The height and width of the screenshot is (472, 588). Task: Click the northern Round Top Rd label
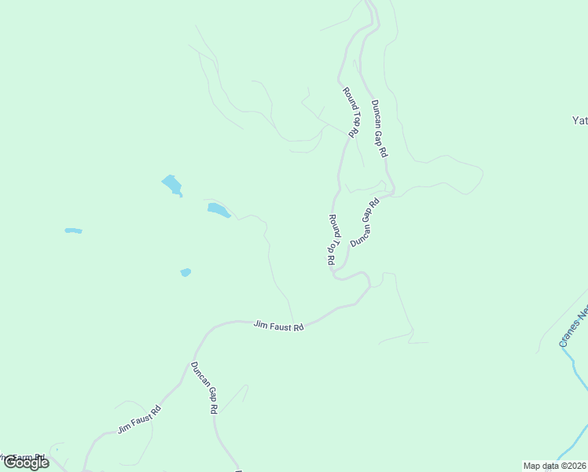coord(351,113)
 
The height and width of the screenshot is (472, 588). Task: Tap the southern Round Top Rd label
coord(333,239)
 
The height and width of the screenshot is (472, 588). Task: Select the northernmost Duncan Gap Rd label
coord(379,129)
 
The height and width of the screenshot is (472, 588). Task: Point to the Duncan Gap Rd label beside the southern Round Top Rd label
coord(365,223)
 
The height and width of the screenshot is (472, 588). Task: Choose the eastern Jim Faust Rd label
coord(278,324)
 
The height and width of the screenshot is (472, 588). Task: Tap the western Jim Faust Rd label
coord(139,419)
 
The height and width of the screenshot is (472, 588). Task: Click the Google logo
coord(25,463)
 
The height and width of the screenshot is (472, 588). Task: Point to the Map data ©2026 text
coord(555,466)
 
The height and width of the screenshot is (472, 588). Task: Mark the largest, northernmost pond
coord(172,185)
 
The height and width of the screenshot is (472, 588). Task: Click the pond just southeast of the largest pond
coord(218,210)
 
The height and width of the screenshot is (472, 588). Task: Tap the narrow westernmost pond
coord(73,230)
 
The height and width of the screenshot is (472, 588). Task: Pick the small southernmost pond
coord(186,272)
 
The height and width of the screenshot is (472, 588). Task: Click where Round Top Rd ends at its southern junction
coord(334,275)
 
